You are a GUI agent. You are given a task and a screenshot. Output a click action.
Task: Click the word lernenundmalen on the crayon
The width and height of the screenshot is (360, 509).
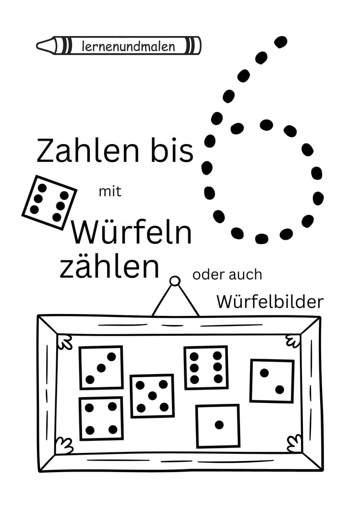click(x=129, y=47)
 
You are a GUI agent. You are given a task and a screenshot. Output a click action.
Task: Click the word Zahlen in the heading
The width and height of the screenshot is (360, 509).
click(x=84, y=150)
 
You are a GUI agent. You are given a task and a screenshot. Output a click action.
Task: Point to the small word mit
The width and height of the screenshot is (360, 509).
click(x=110, y=192)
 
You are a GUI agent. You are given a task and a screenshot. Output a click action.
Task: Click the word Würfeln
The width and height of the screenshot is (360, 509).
click(x=132, y=233)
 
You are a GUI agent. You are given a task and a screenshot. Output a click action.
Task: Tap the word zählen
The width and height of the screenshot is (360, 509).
click(x=109, y=267)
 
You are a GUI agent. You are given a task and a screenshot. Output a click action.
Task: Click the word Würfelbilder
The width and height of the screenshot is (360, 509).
click(x=270, y=302)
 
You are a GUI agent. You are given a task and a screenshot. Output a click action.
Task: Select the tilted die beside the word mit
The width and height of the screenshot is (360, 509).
click(x=49, y=202)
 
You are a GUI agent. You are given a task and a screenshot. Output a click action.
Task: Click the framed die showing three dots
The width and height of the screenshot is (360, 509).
click(x=101, y=368)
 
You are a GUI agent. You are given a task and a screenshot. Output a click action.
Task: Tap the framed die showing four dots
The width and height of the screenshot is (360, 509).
click(x=101, y=418)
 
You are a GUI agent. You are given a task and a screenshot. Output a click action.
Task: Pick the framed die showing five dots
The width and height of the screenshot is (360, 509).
click(x=152, y=396)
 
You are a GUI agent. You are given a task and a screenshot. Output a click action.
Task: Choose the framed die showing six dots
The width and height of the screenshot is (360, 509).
click(x=206, y=367)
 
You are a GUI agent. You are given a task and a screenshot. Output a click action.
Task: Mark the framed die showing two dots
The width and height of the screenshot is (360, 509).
click(x=272, y=381)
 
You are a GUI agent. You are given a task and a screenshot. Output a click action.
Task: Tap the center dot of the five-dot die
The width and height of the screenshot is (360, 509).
click(x=152, y=396)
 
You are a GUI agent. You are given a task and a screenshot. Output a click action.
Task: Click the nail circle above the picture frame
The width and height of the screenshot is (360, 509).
click(x=175, y=281)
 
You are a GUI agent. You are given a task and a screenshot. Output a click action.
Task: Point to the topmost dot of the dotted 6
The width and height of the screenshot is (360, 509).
click(x=281, y=41)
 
